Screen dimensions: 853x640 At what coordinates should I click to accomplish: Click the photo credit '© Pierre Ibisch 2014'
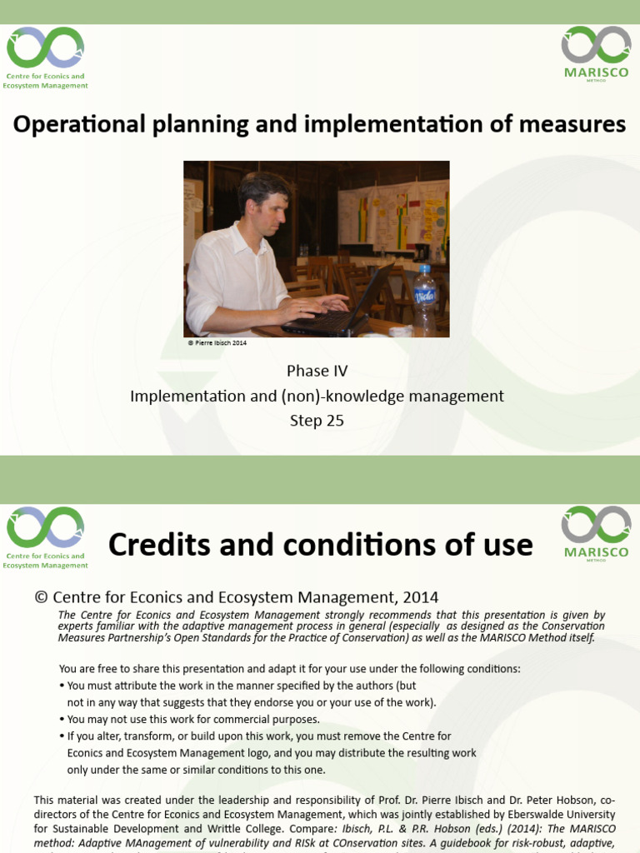pyautogui.click(x=217, y=343)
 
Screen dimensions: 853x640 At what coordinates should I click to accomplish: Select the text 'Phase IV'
pyautogui.click(x=317, y=371)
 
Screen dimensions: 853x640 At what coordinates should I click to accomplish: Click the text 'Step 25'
pyautogui.click(x=317, y=421)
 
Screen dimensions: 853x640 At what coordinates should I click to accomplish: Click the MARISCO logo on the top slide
pyautogui.click(x=596, y=51)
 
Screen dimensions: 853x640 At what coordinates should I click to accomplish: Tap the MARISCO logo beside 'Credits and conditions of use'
pyautogui.click(x=596, y=531)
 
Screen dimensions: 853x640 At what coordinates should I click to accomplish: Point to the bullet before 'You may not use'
pyautogui.click(x=62, y=720)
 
